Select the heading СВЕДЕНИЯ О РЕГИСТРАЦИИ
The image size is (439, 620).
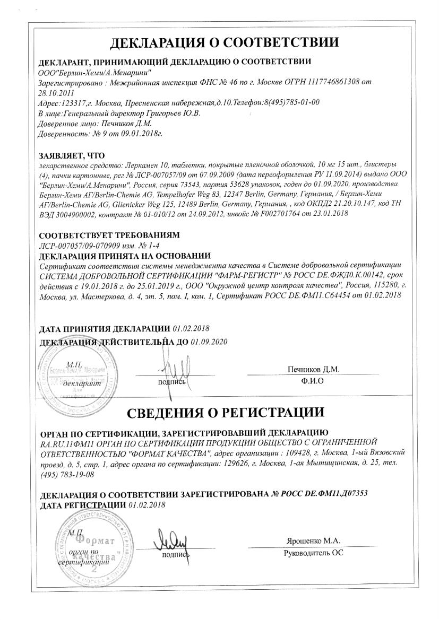219,412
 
